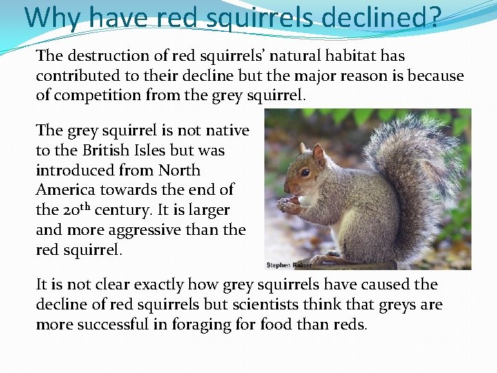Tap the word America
point(66,189)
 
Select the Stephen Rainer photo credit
point(289,265)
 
